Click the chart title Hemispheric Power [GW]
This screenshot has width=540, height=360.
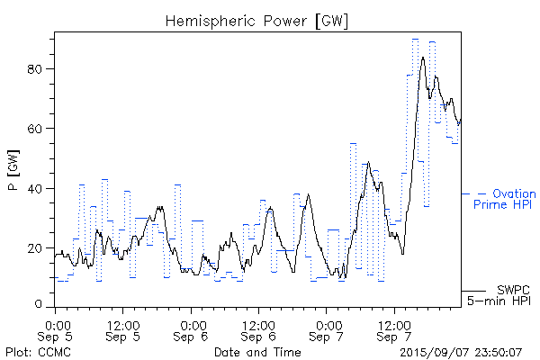256,20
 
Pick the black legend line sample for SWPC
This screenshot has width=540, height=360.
473,291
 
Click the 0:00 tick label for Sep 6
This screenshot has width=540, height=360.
193,322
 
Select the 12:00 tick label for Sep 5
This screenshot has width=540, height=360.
123,322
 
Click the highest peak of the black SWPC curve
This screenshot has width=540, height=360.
423,58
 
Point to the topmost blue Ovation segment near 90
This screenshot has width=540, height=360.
415,39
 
